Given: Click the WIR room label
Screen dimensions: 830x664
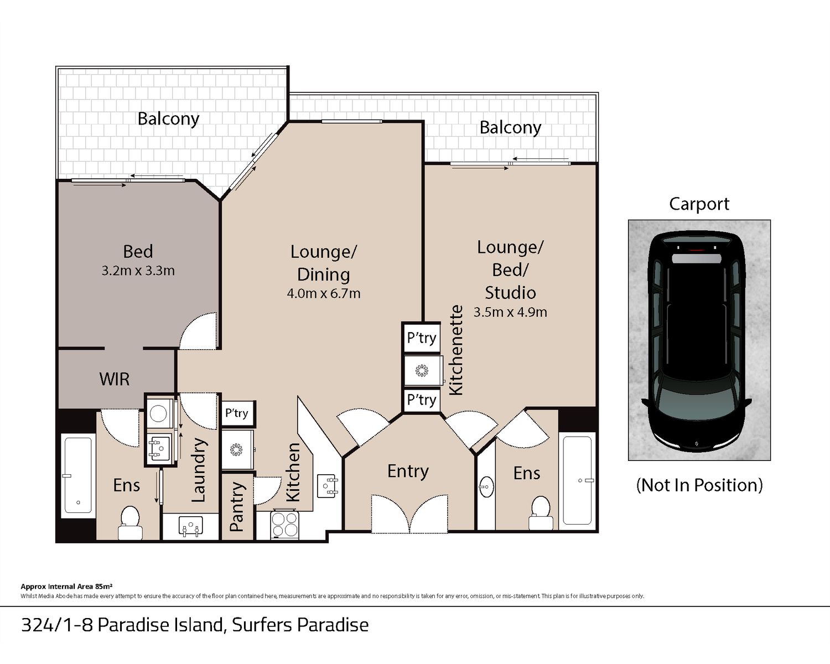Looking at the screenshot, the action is coord(114,379).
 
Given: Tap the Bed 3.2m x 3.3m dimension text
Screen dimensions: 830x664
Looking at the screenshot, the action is coord(138,271).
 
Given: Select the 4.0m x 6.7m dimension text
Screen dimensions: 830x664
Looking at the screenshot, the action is coord(324,294).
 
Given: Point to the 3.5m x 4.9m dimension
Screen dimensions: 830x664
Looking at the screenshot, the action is coord(510,312).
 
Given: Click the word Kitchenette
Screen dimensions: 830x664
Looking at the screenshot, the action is coord(456,350).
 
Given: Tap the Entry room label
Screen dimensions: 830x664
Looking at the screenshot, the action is coord(408,471).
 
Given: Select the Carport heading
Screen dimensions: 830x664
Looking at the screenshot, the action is coord(699,204).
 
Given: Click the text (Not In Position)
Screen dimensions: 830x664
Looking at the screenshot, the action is coord(699,485).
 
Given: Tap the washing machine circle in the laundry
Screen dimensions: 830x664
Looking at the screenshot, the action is coord(158,413).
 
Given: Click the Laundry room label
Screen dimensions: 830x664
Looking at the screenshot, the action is coord(199,470).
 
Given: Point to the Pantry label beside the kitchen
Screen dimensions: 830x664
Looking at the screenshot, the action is coord(237,507).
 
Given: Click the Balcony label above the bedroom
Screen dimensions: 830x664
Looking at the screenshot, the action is coord(168,119).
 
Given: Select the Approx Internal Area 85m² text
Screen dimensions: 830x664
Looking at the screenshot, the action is coord(66,587).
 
